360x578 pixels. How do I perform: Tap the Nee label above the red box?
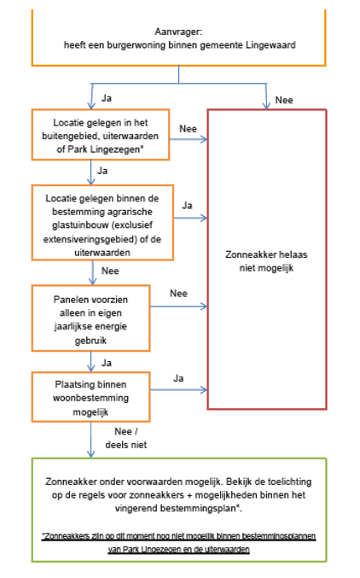coord(284,100)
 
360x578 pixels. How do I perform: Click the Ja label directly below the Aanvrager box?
coord(107,97)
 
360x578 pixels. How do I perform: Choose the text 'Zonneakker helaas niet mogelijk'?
coord(266,260)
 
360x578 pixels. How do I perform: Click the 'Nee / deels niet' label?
coord(113,437)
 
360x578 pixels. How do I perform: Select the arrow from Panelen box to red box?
coord(178,307)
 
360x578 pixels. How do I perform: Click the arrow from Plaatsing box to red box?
coord(178,389)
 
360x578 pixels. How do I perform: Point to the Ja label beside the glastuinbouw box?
coord(187,206)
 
